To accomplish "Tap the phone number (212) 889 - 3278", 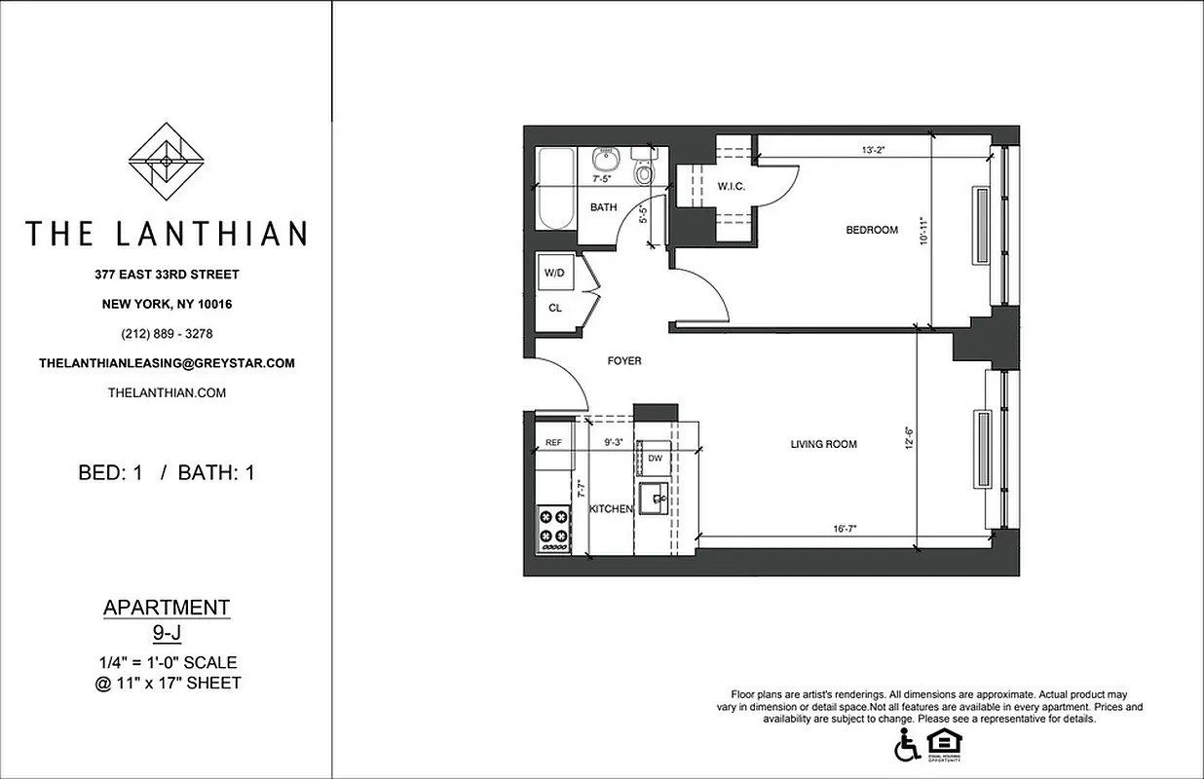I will click(167, 333).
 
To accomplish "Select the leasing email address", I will click(167, 363).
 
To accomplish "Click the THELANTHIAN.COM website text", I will click(167, 392).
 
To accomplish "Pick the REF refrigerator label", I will click(553, 443).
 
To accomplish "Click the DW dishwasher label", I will click(655, 458).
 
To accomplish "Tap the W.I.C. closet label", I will click(732, 186).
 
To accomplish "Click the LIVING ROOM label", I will click(823, 444).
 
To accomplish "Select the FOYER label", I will click(624, 360).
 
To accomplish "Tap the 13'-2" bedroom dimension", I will click(874, 150).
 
